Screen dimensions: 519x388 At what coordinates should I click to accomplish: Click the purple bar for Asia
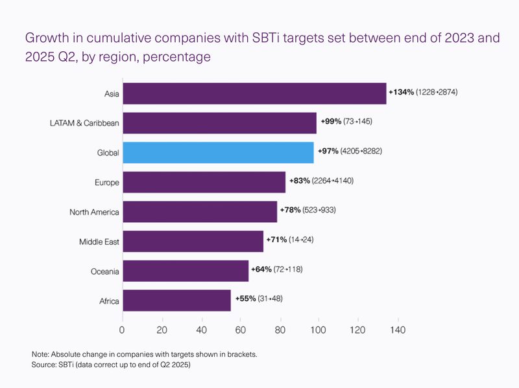[x=254, y=93]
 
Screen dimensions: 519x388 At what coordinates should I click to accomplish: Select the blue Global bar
[x=219, y=153]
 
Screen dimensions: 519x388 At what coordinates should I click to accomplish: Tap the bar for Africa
[x=176, y=301]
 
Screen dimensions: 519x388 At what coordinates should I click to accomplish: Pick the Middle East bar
[x=193, y=241]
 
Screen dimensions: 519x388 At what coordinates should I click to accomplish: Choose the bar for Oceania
[x=186, y=271]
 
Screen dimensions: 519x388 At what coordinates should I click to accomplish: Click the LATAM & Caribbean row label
[x=84, y=123]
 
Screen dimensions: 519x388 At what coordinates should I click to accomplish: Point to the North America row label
[x=94, y=212]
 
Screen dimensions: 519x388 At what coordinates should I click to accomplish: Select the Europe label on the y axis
[x=107, y=183]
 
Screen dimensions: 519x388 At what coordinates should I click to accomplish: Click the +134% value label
[x=402, y=92]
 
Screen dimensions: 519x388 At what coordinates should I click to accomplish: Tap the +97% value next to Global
[x=328, y=151]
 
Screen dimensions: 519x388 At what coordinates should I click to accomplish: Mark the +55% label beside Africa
[x=246, y=299]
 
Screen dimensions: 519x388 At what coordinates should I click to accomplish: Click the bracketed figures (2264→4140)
[x=333, y=181]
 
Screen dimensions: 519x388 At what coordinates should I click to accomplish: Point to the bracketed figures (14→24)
[x=301, y=240]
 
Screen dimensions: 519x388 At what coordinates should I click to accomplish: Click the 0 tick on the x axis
[x=122, y=330]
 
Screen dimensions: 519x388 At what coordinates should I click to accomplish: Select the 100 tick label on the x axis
[x=318, y=330]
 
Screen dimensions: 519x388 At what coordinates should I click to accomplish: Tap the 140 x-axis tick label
[x=398, y=330]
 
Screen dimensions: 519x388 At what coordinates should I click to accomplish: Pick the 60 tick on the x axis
[x=240, y=330]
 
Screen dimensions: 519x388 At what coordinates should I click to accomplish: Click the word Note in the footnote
[x=40, y=354]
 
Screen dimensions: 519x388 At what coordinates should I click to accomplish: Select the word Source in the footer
[x=43, y=365]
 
